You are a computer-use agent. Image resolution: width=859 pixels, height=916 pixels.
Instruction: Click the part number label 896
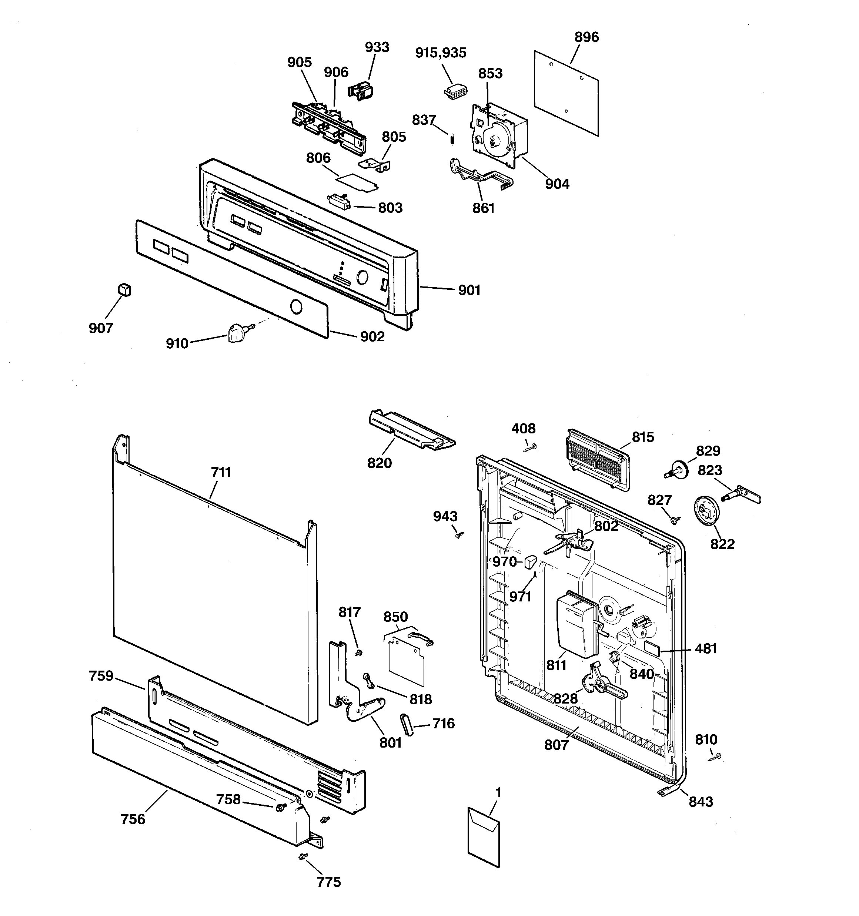click(x=586, y=37)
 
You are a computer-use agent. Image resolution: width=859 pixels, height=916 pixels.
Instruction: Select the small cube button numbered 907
click(x=124, y=289)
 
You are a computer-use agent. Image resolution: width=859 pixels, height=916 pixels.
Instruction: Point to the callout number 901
click(x=469, y=290)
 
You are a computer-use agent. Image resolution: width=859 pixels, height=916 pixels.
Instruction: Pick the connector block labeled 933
click(x=361, y=90)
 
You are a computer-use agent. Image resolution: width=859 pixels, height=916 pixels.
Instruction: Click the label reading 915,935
click(x=441, y=53)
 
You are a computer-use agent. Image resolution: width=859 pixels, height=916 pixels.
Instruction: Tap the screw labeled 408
click(x=532, y=446)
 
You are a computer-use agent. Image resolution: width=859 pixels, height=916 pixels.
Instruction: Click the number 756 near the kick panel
click(x=133, y=819)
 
